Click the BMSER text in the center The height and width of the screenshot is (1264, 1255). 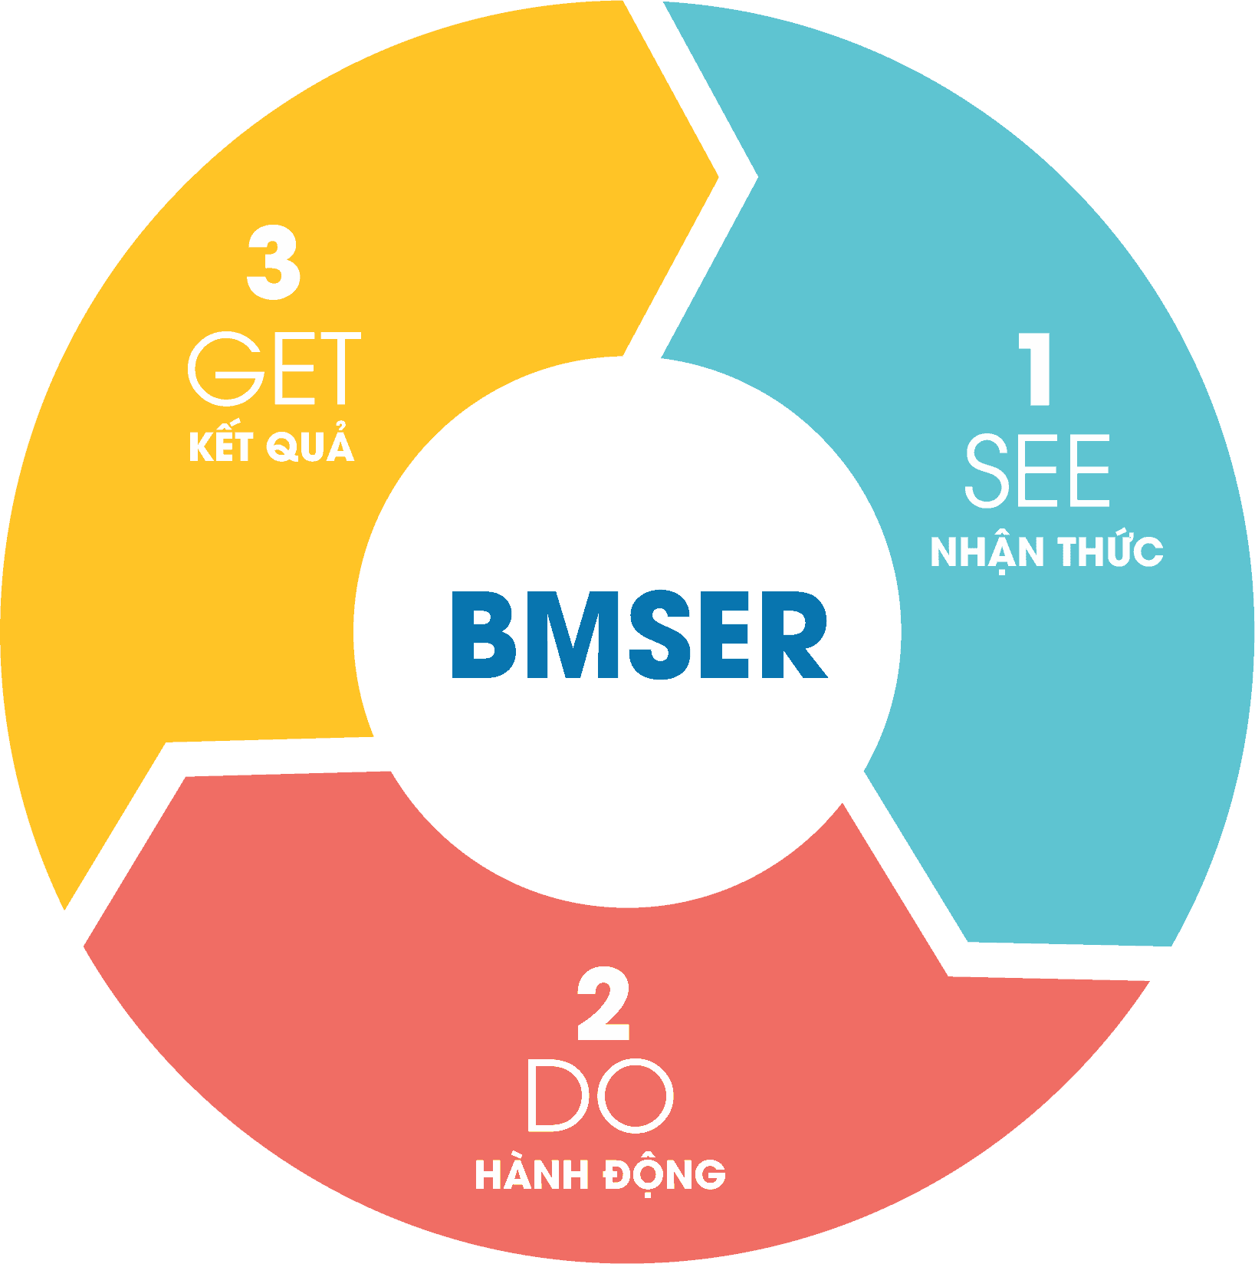pyautogui.click(x=639, y=635)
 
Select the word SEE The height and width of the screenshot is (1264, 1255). pyautogui.click(x=1037, y=471)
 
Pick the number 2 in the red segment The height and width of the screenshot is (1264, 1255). pyautogui.click(x=603, y=1005)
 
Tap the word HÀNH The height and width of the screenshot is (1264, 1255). pyautogui.click(x=531, y=1175)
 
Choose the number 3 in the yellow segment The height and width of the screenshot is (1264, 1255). pyautogui.click(x=274, y=263)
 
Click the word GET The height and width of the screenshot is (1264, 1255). pyautogui.click(x=274, y=369)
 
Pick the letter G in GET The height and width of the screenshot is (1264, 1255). pyautogui.click(x=222, y=369)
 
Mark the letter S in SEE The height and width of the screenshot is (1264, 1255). pyautogui.click(x=988, y=471)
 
